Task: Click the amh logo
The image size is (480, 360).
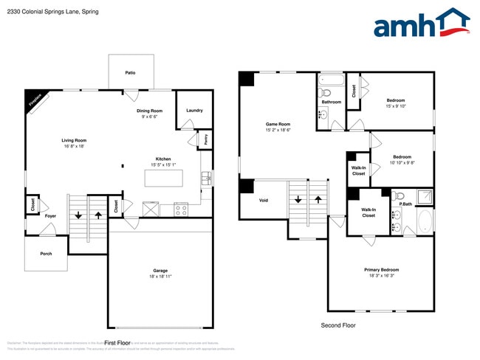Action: [421, 23]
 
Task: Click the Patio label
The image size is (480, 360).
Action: [130, 73]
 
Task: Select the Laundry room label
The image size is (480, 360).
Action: [194, 111]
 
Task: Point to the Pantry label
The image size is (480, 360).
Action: [204, 138]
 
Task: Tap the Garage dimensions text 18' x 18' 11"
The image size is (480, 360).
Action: [160, 276]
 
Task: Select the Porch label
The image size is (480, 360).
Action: [46, 253]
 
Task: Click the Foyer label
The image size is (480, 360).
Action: [50, 216]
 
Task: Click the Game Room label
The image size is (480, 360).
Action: [278, 124]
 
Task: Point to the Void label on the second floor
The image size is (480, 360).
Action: [264, 200]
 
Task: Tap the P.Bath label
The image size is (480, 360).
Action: [405, 204]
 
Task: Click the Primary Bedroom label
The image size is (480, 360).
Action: [381, 269]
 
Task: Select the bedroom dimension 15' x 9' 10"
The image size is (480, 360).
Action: [397, 105]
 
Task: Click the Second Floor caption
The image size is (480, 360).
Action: [338, 325]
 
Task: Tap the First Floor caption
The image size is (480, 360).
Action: [117, 343]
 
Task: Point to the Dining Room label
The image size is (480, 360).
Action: [149, 111]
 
